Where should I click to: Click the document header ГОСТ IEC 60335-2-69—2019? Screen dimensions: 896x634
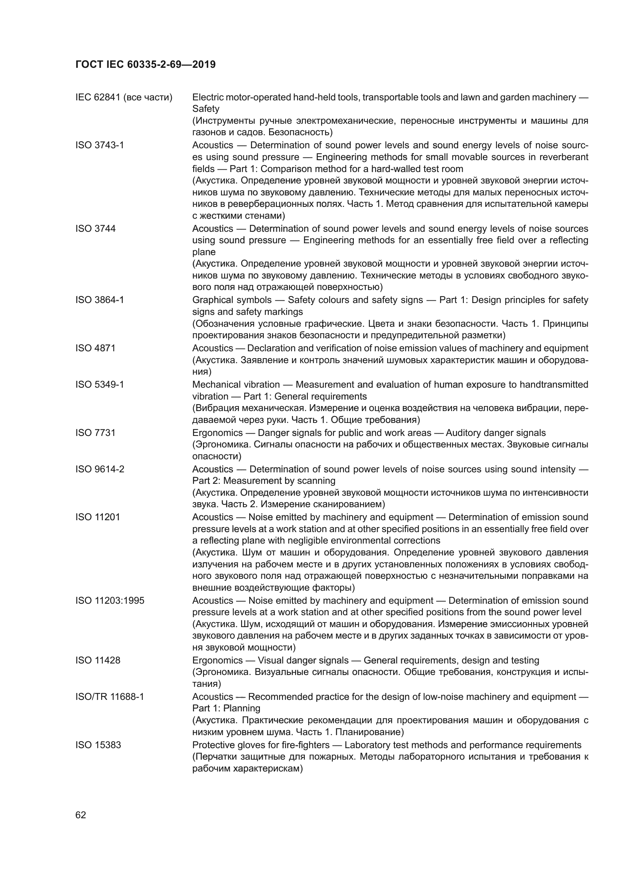coord(145,65)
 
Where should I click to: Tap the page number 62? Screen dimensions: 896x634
coord(81,815)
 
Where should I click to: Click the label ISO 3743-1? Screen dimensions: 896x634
coord(100,145)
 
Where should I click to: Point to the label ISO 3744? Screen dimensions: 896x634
coord(96,228)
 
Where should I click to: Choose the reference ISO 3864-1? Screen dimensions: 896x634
coord(100,300)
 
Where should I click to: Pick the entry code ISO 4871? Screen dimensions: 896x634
coord(96,348)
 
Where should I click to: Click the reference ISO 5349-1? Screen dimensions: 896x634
coord(100,384)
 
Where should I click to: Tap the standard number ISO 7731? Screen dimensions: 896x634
coord(96,432)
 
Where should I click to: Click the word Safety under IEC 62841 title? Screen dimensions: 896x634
coord(206,109)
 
